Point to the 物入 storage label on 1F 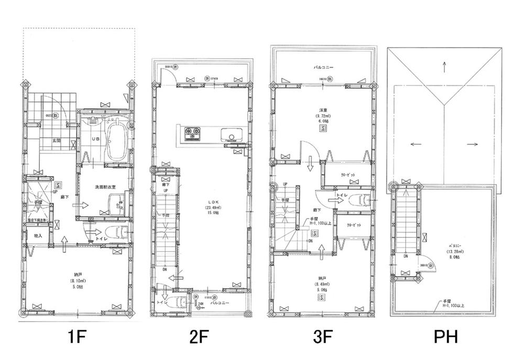click(38, 236)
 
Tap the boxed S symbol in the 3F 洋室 click(324, 127)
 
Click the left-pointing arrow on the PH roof click(416, 144)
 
